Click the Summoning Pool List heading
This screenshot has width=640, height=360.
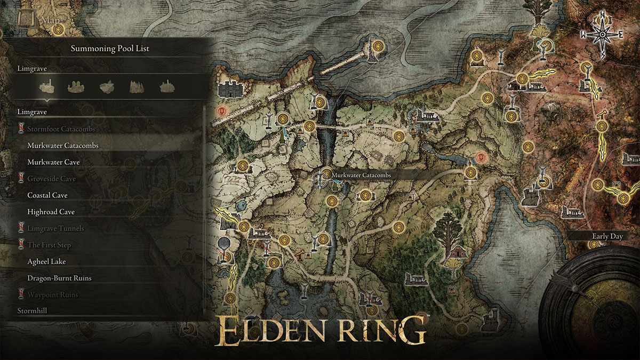(110, 49)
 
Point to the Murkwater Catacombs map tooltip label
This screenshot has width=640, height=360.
(362, 175)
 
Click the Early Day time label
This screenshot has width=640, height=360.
(607, 236)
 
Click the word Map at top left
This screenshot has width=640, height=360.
(51, 20)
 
